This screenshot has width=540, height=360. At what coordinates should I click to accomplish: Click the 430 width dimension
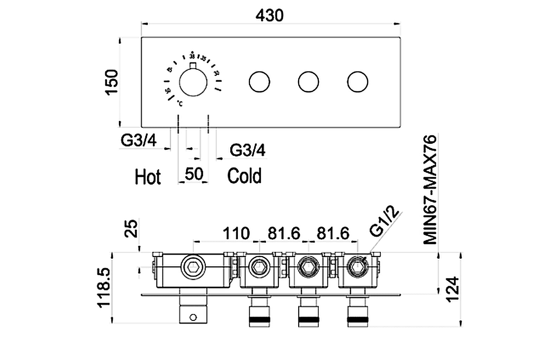coord(269,15)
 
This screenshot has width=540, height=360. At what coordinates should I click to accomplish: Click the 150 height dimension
coord(112,82)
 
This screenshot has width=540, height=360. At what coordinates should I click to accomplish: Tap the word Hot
coord(148,177)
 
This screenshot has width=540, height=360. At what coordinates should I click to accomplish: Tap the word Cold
coord(244,176)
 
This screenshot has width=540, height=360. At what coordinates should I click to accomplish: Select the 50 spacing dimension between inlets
coord(194,174)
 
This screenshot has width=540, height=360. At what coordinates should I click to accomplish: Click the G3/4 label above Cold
coord(247,150)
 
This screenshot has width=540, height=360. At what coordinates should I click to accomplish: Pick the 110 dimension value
coord(236,233)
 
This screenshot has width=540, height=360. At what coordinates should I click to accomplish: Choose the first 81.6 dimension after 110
coord(284,233)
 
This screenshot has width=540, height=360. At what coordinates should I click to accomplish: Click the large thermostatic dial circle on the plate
coord(193,82)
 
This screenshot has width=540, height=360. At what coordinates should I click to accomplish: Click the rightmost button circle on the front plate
coord(358,82)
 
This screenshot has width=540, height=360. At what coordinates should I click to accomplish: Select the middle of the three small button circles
coord(308,82)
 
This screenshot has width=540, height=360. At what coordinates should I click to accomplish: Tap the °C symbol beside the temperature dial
coord(180,103)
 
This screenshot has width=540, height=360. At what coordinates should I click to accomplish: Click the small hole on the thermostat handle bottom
coord(193,317)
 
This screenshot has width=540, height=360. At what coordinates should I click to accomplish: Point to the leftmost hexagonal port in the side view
coord(193,267)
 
